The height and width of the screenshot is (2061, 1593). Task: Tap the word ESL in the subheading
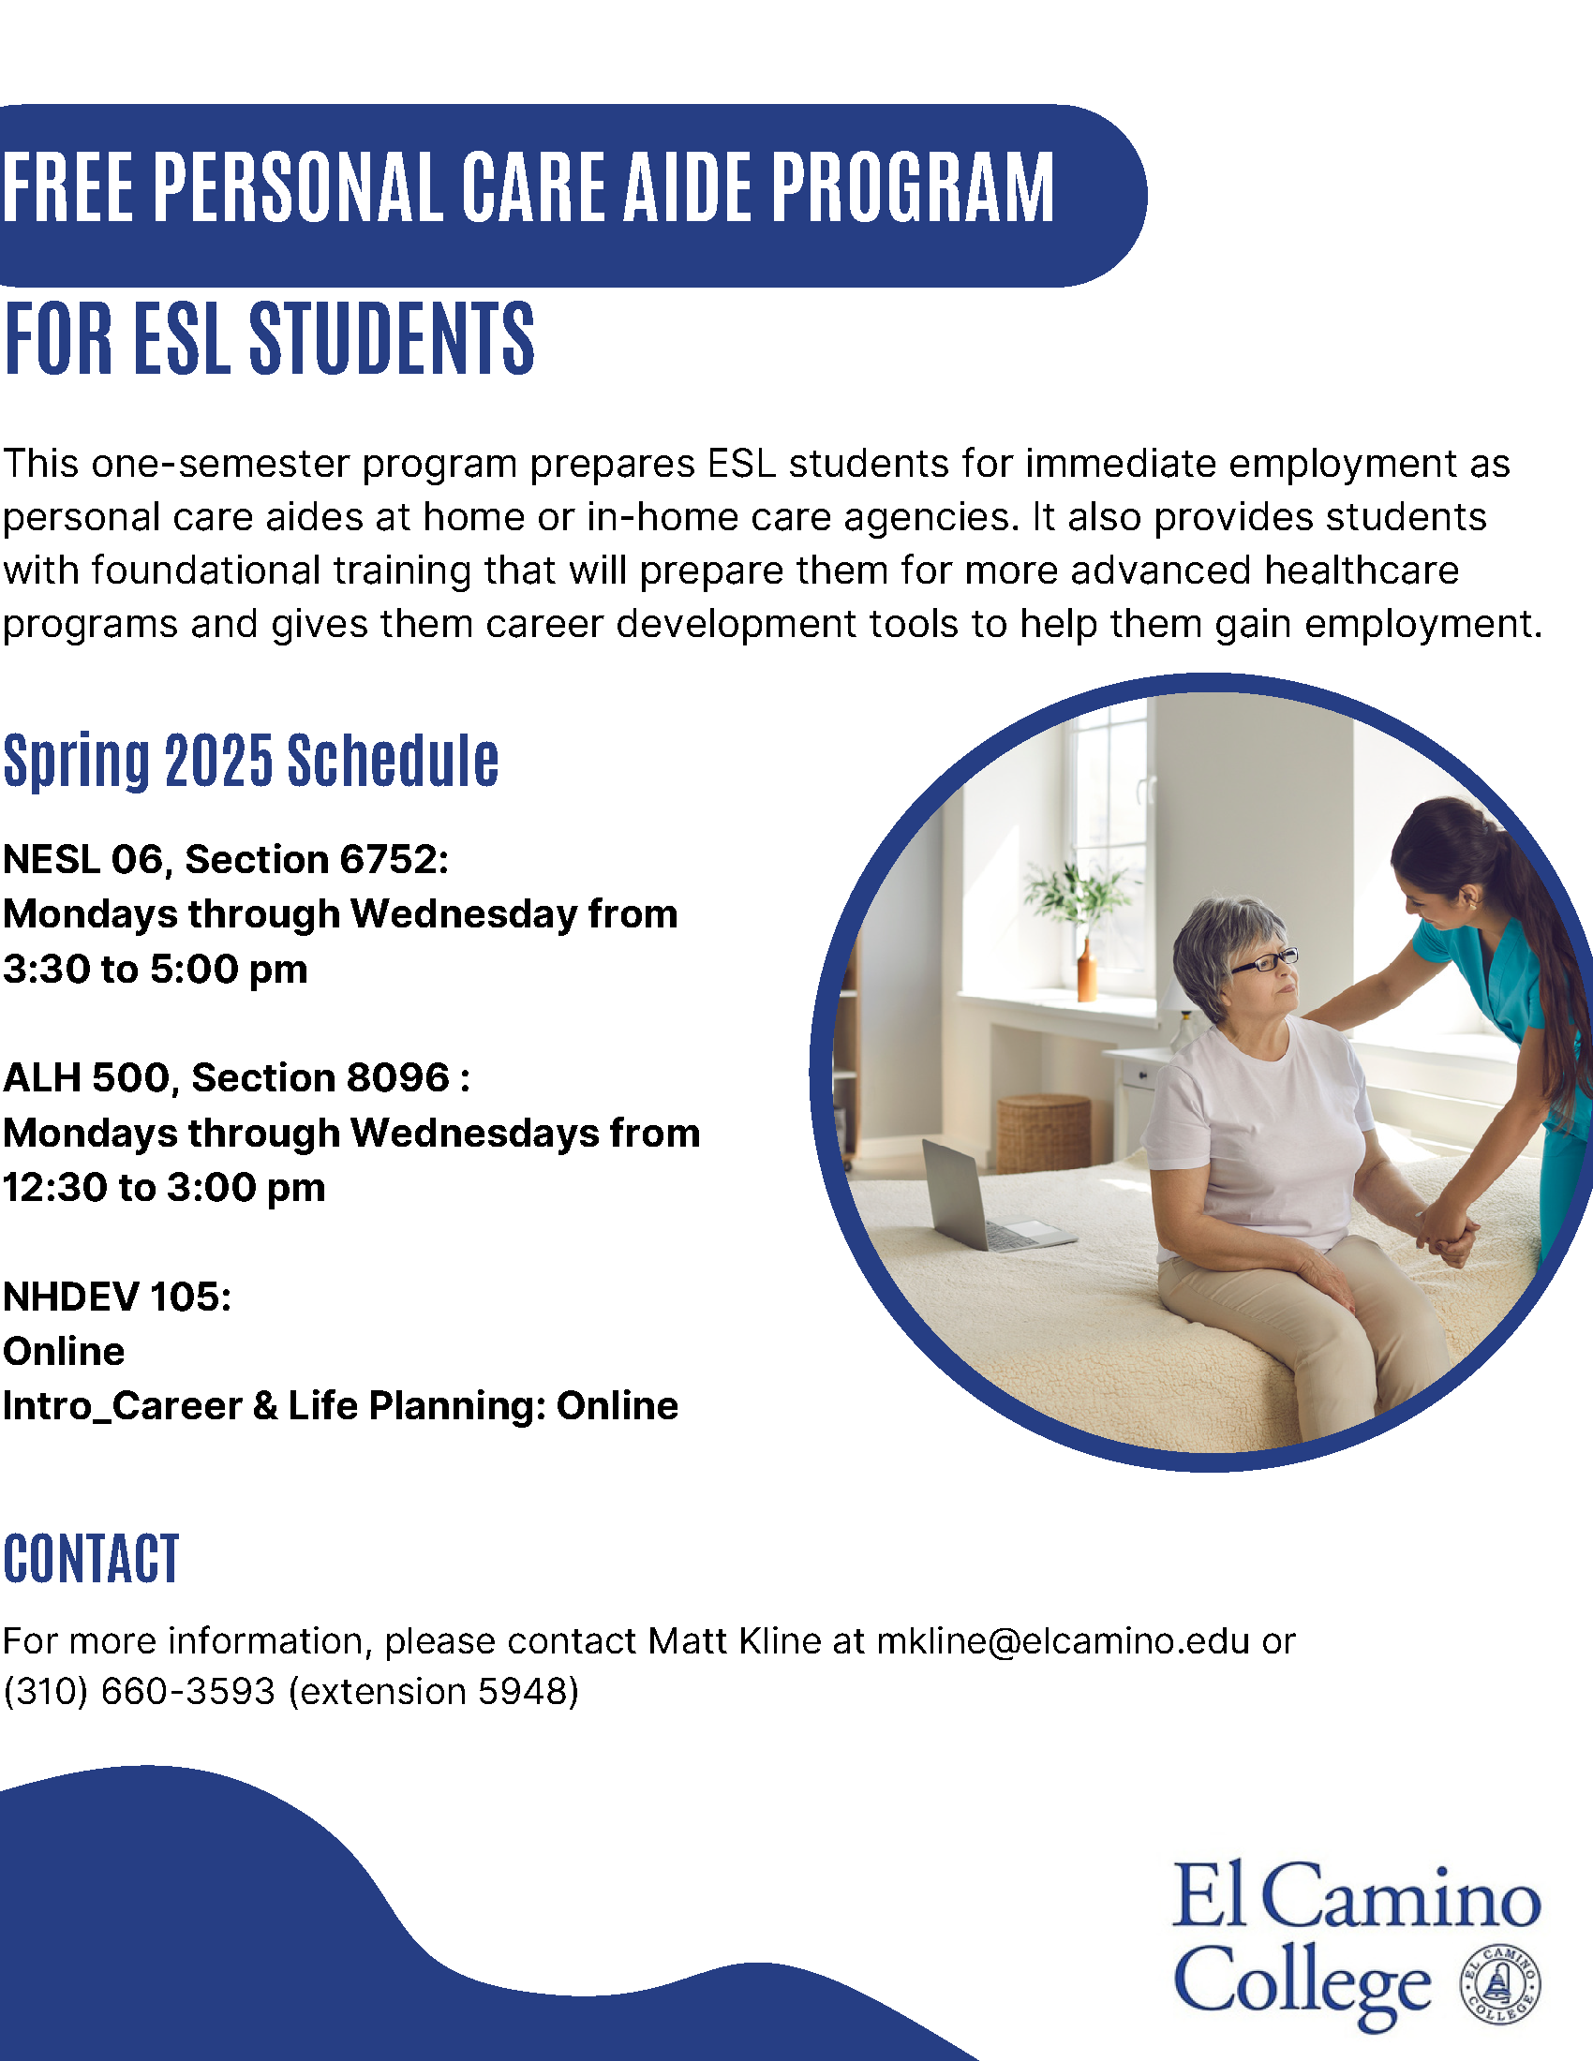tap(182, 338)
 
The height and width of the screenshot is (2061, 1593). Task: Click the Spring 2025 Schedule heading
tap(251, 760)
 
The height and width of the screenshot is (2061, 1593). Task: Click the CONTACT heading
tap(91, 1558)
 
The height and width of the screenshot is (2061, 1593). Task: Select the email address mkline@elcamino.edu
tap(1064, 1641)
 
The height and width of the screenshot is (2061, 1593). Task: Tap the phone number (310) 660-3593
tap(140, 1691)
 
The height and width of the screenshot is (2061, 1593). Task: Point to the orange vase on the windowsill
tap(1087, 971)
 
